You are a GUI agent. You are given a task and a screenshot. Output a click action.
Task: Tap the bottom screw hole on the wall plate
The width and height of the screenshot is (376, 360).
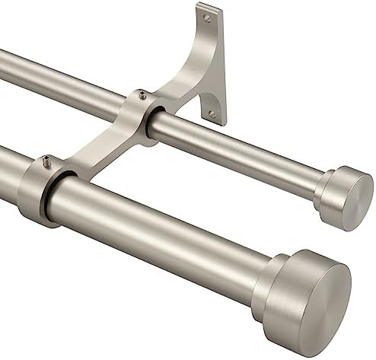pos(212,114)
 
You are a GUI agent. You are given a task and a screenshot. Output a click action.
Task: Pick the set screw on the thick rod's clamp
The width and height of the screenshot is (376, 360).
pos(46,160)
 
